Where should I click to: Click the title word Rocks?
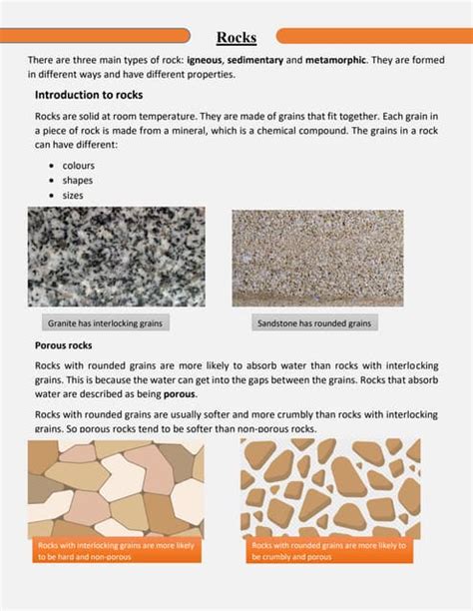point(236,38)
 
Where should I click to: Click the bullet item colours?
point(79,165)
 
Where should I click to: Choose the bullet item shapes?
point(77,180)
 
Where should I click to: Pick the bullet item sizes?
point(73,195)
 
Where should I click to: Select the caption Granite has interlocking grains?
point(105,323)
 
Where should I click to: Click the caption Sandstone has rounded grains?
point(313,323)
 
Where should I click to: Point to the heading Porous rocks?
point(64,345)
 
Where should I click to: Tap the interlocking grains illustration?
point(116,487)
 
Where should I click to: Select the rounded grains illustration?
point(330,487)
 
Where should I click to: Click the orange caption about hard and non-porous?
point(116,551)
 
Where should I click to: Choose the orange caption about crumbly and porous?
point(329,551)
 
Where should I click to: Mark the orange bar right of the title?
point(374,36)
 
